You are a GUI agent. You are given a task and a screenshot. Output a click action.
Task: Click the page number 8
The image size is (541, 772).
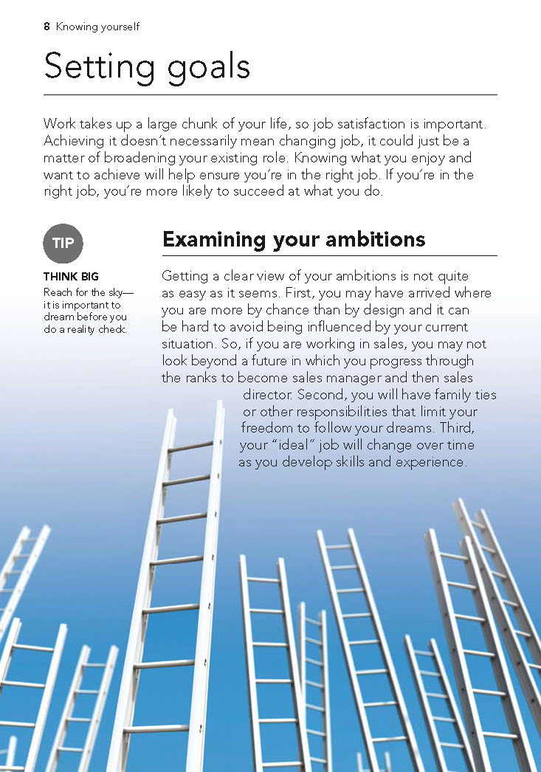click(x=46, y=27)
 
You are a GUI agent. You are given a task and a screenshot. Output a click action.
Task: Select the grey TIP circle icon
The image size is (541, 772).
click(x=63, y=244)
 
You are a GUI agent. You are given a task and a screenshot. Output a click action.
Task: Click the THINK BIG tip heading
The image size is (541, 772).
click(x=71, y=278)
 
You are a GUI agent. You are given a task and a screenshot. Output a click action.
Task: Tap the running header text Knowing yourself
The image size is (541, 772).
click(x=97, y=27)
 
